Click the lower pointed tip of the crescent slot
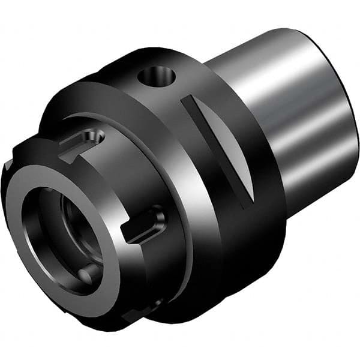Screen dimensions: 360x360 pyautogui.click(x=249, y=201)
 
